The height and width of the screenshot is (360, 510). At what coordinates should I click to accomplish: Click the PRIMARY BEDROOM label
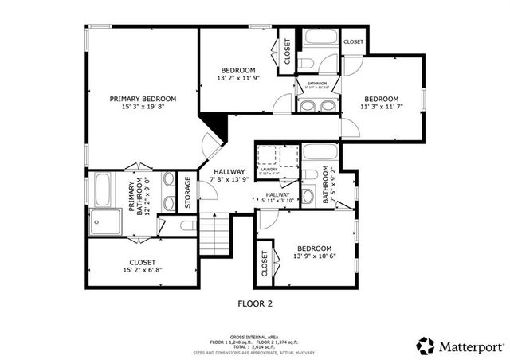(143, 98)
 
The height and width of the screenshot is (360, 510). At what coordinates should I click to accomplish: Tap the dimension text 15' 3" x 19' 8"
(143, 106)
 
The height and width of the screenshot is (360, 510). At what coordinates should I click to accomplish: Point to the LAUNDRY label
(269, 169)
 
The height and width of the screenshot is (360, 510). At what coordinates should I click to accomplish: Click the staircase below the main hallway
(213, 235)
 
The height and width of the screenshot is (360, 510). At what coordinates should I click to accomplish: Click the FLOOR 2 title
(255, 303)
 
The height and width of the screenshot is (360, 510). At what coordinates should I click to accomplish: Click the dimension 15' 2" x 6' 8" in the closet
(143, 271)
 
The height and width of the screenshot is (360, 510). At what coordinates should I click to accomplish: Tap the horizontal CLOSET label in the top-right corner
(353, 41)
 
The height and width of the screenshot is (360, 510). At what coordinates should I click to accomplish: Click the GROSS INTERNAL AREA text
(254, 337)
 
